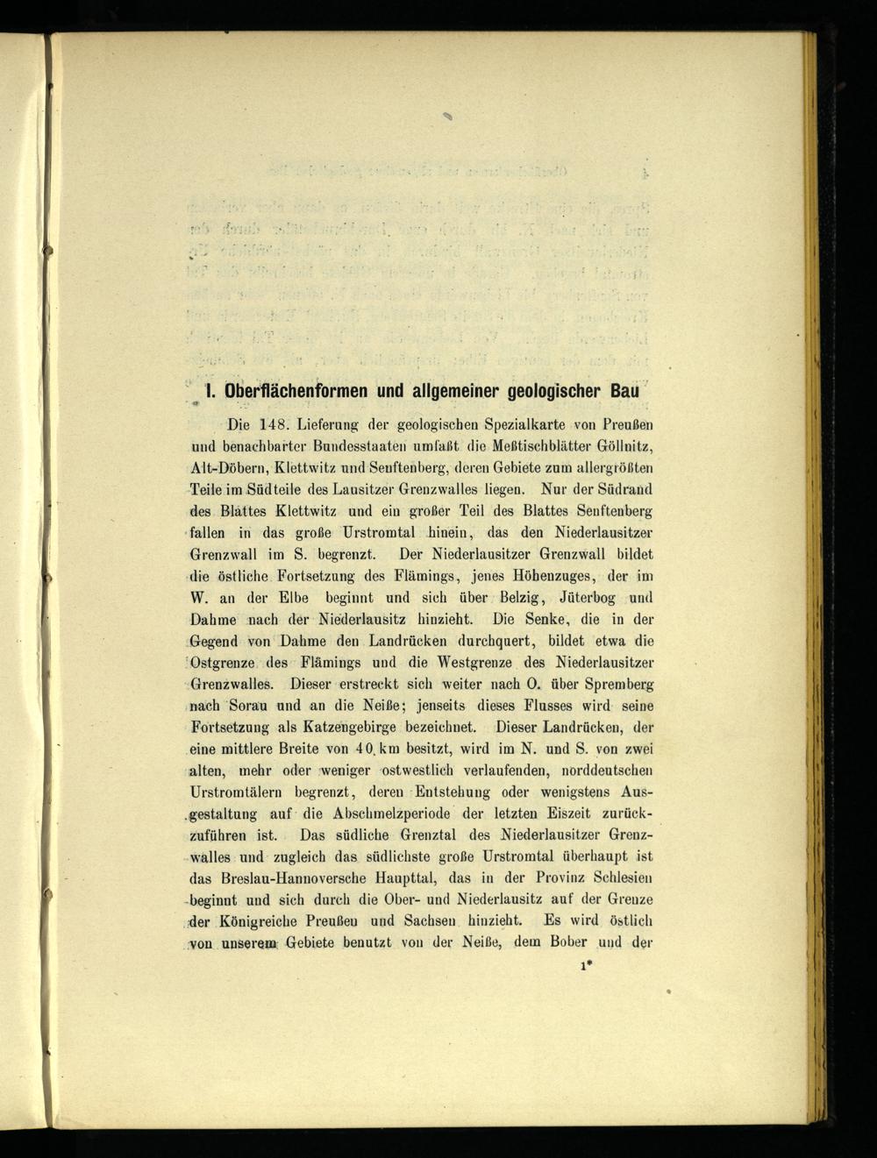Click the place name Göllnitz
[x=627, y=447]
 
